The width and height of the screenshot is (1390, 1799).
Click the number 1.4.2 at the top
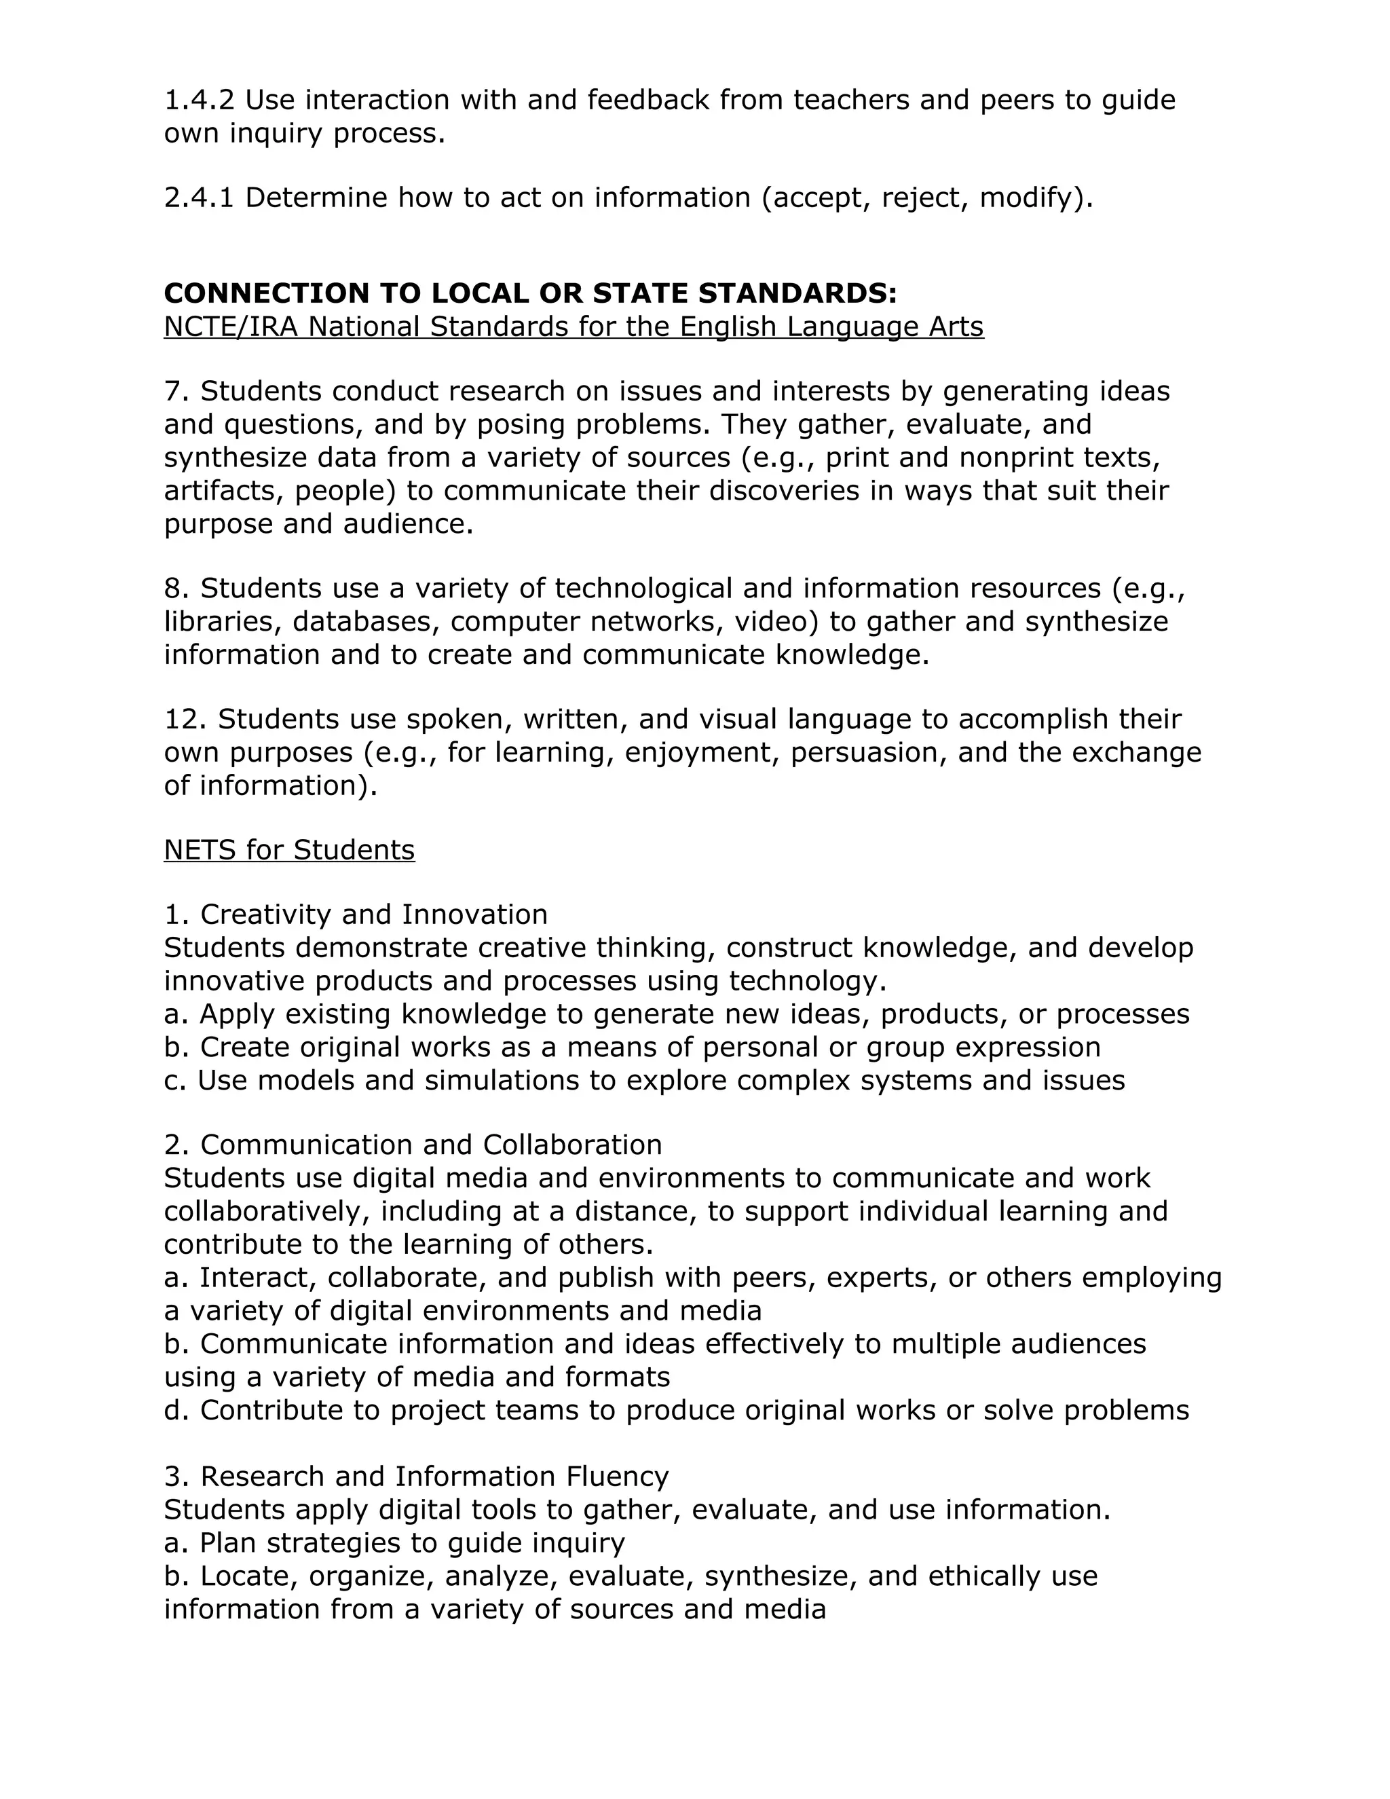coord(198,100)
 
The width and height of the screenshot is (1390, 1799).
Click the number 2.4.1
coord(198,198)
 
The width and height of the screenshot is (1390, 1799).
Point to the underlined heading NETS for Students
coord(289,849)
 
